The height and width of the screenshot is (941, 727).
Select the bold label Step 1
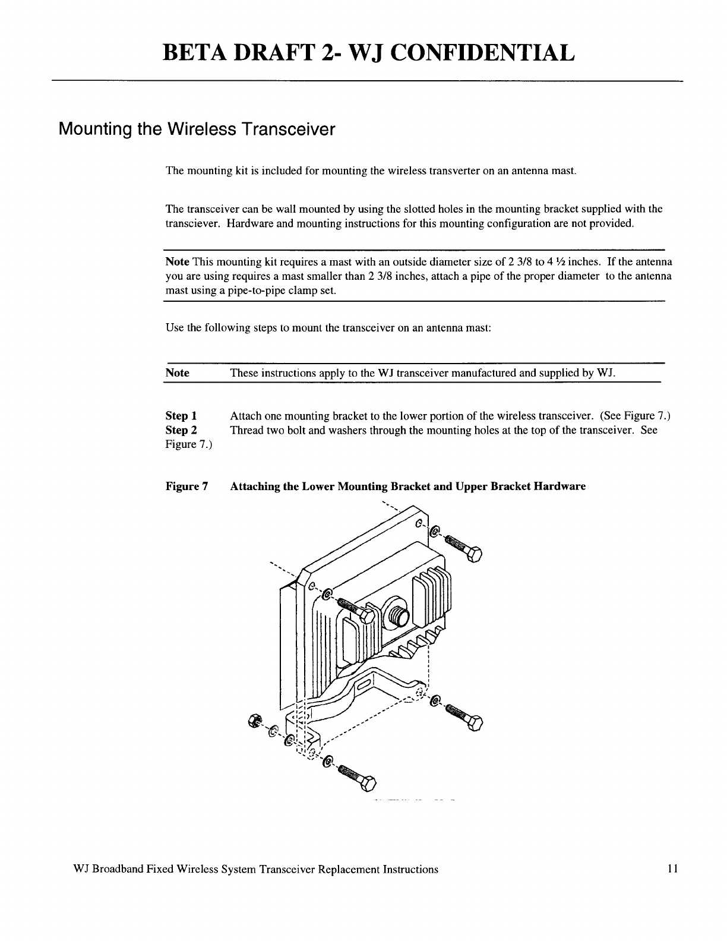click(x=181, y=415)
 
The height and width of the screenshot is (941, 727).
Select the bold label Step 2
click(x=181, y=430)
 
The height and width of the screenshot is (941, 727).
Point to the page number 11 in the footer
click(x=672, y=869)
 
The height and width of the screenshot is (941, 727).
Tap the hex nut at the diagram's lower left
click(x=252, y=721)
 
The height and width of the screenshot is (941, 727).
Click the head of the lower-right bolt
click(x=475, y=723)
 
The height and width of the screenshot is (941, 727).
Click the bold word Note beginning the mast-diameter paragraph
click(x=177, y=262)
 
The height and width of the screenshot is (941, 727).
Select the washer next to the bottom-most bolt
click(x=326, y=763)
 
